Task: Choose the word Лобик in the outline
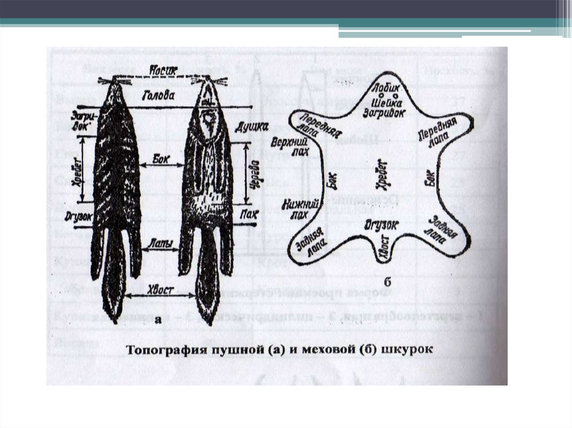tap(385, 89)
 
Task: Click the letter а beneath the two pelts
tap(158, 320)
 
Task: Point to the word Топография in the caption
tap(168, 352)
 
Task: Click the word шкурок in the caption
tap(411, 352)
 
